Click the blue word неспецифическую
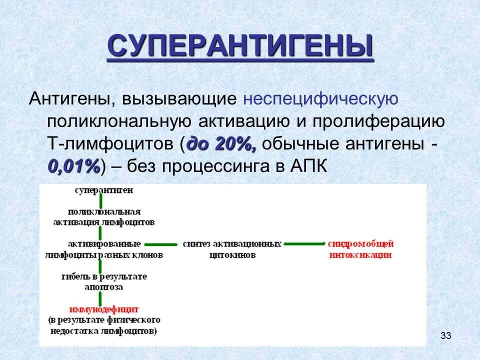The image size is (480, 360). pos(320,98)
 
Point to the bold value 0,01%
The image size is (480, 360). pos(74,166)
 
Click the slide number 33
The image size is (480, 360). pos(446,335)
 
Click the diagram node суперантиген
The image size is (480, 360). pos(104,190)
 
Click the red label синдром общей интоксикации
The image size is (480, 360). pos(360,249)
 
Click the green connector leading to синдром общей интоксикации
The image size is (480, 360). pos(303,244)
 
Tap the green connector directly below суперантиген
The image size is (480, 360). pos(100,201)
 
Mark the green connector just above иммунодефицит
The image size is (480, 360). pos(100,298)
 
